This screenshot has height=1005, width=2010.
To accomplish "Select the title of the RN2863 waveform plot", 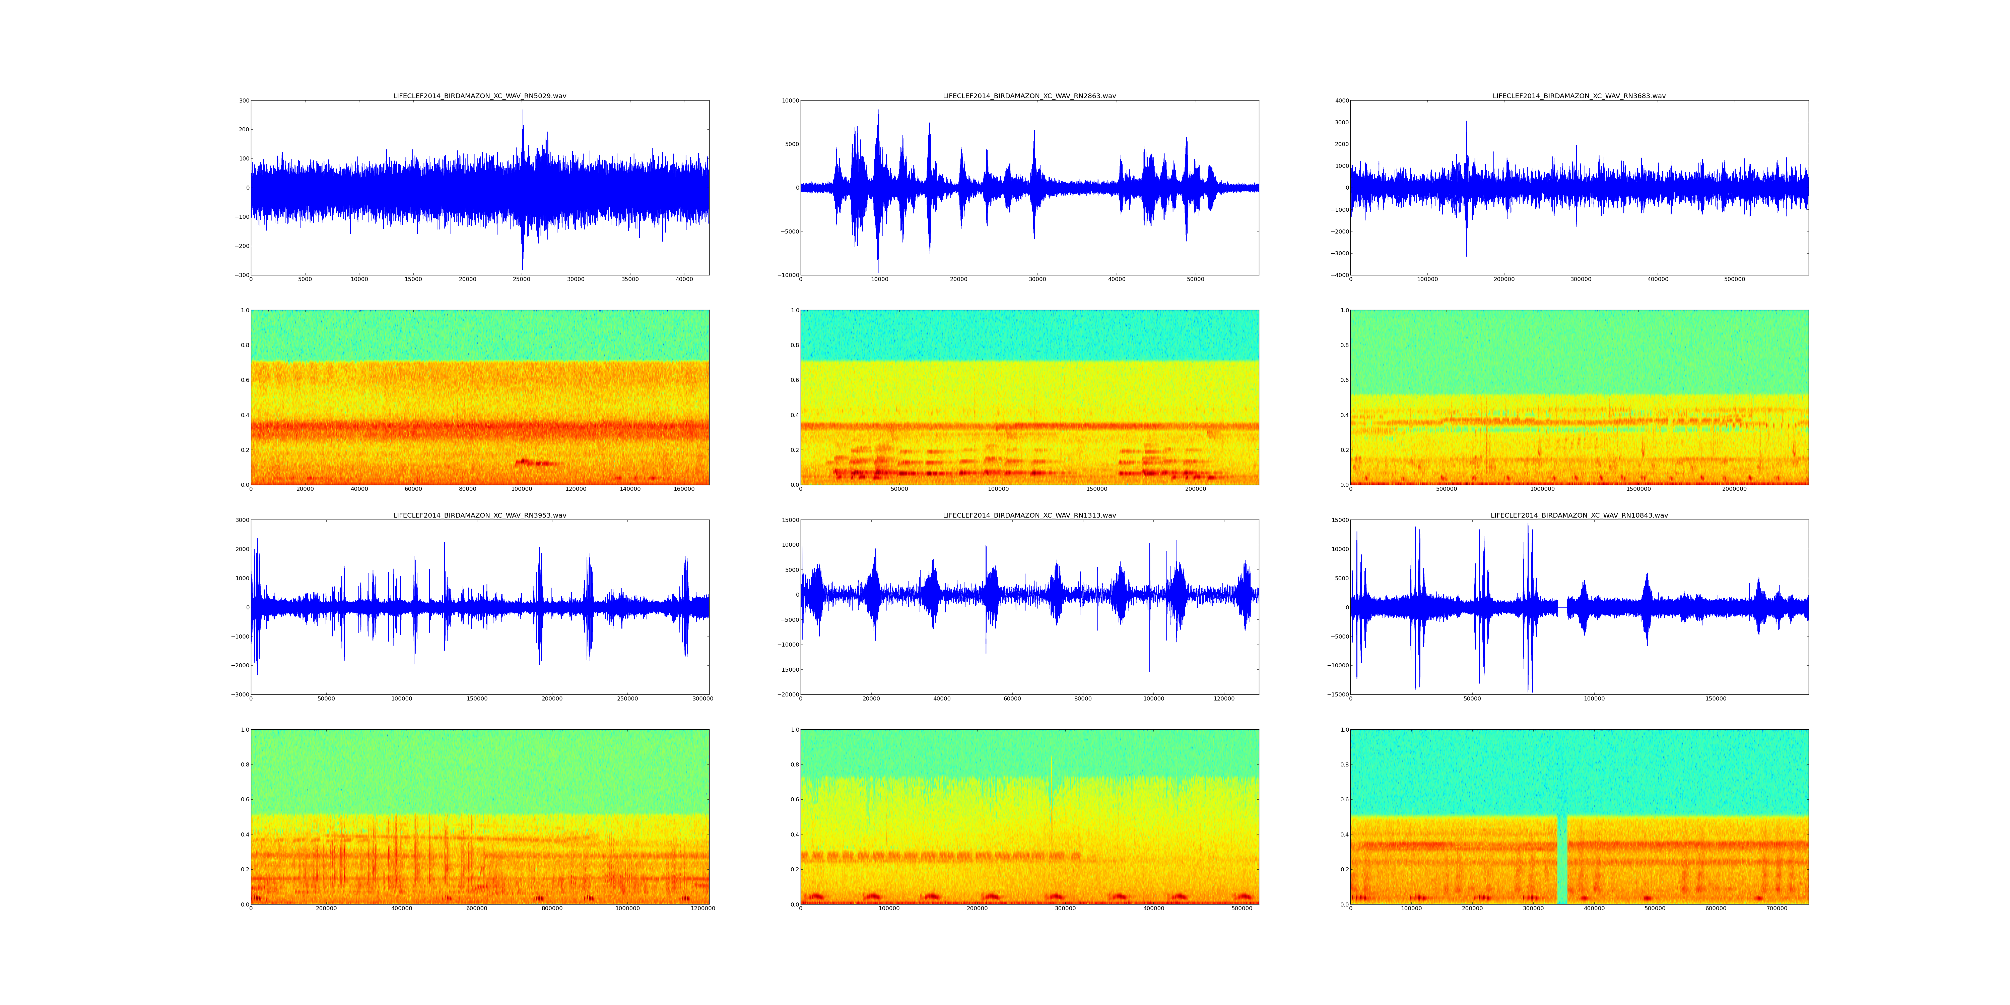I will click(x=1029, y=96).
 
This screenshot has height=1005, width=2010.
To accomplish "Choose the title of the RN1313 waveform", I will click(x=1029, y=515).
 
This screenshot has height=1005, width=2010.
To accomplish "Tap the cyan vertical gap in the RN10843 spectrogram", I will click(x=1562, y=858).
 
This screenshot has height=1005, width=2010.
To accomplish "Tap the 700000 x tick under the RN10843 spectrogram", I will click(x=1777, y=908).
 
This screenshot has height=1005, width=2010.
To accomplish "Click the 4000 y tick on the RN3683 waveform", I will click(x=1341, y=100).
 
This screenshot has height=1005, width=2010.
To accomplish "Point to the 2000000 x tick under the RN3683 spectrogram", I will click(x=1735, y=489).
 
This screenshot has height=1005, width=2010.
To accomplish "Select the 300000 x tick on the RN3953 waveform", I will click(x=702, y=698).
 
